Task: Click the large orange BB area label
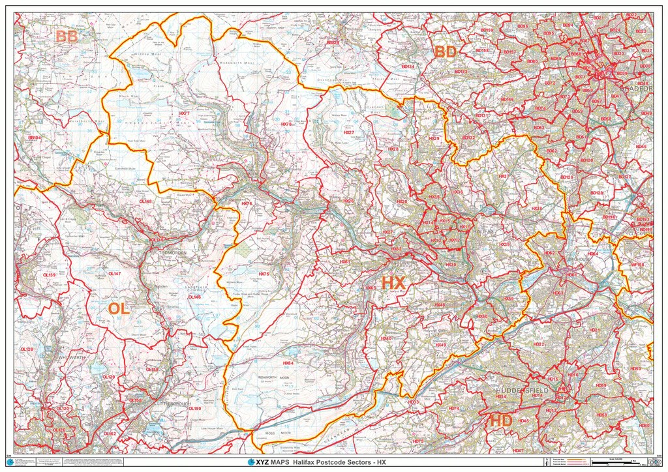click(x=67, y=37)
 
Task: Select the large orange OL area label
click(x=119, y=309)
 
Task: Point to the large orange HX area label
click(x=393, y=283)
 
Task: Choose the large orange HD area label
click(x=501, y=420)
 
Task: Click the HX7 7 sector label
click(x=185, y=113)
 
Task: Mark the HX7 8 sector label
click(x=286, y=124)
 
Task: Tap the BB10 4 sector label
click(x=35, y=138)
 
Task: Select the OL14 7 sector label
click(x=114, y=274)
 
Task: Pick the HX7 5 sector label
click(x=264, y=274)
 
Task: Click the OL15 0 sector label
click(x=194, y=409)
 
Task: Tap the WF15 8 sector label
click(x=637, y=265)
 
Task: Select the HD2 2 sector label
click(x=538, y=344)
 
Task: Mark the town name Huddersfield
click(x=523, y=389)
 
